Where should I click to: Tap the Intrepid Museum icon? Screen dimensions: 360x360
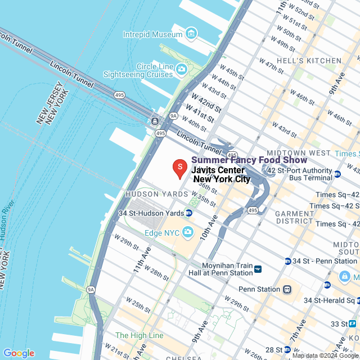191,34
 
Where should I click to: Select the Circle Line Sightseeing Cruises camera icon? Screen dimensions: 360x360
181,69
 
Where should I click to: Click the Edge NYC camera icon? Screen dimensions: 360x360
187,232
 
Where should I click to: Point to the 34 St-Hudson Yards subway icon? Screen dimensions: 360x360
189,213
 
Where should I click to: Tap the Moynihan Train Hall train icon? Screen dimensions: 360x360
258,269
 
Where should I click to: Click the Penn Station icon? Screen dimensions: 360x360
287,289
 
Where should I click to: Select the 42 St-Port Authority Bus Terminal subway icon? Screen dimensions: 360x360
337,174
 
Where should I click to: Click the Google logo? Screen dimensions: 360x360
19,353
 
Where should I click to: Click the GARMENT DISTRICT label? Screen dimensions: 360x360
294,217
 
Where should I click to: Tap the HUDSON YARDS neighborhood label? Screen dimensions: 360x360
156,194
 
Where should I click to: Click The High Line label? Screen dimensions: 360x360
139,335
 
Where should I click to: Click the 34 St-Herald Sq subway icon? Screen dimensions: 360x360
327,285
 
